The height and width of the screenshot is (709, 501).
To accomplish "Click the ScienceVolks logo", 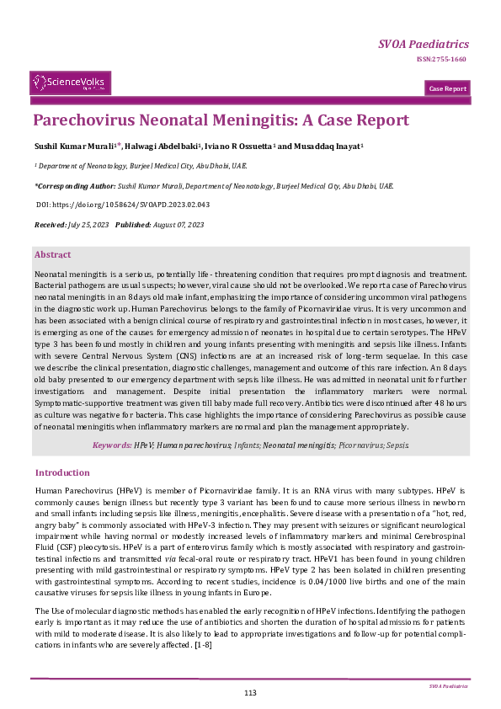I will pos(70,82).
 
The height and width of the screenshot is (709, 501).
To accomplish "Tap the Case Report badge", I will pos(447,88).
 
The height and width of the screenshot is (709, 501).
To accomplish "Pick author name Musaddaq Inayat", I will pos(329,146).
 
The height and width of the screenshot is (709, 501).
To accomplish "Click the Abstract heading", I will pos(52,254).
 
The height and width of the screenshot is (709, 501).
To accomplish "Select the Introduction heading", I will pos(61,472).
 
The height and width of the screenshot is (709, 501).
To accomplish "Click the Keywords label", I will pos(111,444).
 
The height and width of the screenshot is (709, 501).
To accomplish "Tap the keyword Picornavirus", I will pos(360,444).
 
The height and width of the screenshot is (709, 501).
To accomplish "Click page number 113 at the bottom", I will pos(250,692).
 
